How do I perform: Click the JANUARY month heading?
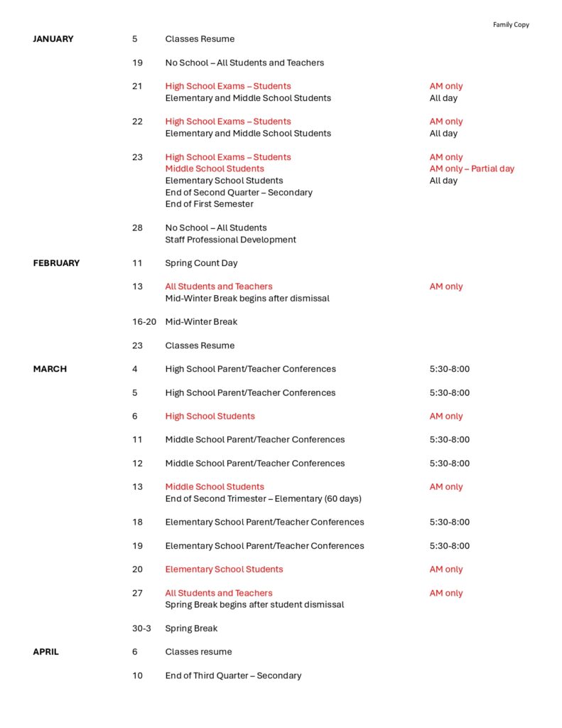click(x=53, y=39)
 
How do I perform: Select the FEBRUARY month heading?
click(x=56, y=263)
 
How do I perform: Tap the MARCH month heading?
click(x=50, y=369)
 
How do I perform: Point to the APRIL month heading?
click(x=45, y=652)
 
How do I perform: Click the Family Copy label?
click(x=511, y=25)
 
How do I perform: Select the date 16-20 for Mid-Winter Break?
click(x=144, y=322)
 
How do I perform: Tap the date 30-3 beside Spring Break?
click(x=141, y=628)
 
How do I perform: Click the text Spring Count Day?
click(x=201, y=263)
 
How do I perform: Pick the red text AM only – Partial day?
click(x=472, y=169)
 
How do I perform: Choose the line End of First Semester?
click(x=209, y=204)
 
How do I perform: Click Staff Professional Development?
click(x=230, y=240)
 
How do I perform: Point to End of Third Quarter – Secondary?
click(x=233, y=675)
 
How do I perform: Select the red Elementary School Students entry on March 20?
click(x=224, y=569)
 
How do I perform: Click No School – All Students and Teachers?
click(x=244, y=63)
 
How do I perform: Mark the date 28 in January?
click(x=137, y=227)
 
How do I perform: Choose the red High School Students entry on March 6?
click(x=210, y=416)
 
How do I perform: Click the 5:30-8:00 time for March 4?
click(x=449, y=369)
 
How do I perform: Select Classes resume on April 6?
click(x=198, y=652)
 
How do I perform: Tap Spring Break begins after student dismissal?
click(x=254, y=605)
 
